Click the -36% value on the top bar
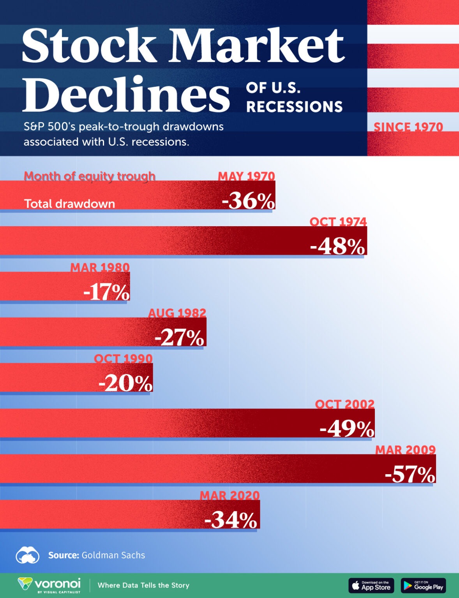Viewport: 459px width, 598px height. pos(248,201)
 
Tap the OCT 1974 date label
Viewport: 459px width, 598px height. pos(338,222)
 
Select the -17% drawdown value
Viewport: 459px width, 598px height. pos(106,292)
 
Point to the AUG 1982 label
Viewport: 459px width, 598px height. pos(177,313)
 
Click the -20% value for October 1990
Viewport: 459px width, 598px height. pos(125,383)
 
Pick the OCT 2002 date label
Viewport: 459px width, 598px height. pos(344,404)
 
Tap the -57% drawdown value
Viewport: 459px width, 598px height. pos(410,474)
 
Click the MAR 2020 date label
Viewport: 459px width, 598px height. pos(229,495)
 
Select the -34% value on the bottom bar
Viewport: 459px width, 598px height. pos(231,520)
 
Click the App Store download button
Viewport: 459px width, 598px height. pos(371,586)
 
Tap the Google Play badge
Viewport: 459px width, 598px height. pos(423,586)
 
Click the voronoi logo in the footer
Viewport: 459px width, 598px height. pos(49,585)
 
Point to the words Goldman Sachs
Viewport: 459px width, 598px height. pos(113,555)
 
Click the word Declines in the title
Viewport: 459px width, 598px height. pos(126,94)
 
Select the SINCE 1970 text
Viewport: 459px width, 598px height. pos(408,127)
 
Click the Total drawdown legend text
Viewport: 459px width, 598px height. pos(69,204)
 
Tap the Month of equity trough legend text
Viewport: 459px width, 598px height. pos(90,176)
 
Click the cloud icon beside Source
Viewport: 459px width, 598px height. pos(27,555)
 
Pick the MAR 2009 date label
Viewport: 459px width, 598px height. pos(405,450)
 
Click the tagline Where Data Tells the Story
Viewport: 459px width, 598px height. pos(143,585)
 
